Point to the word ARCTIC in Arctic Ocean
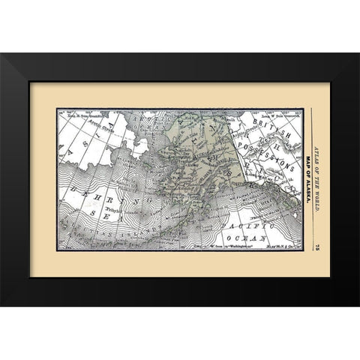coord(142,121)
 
